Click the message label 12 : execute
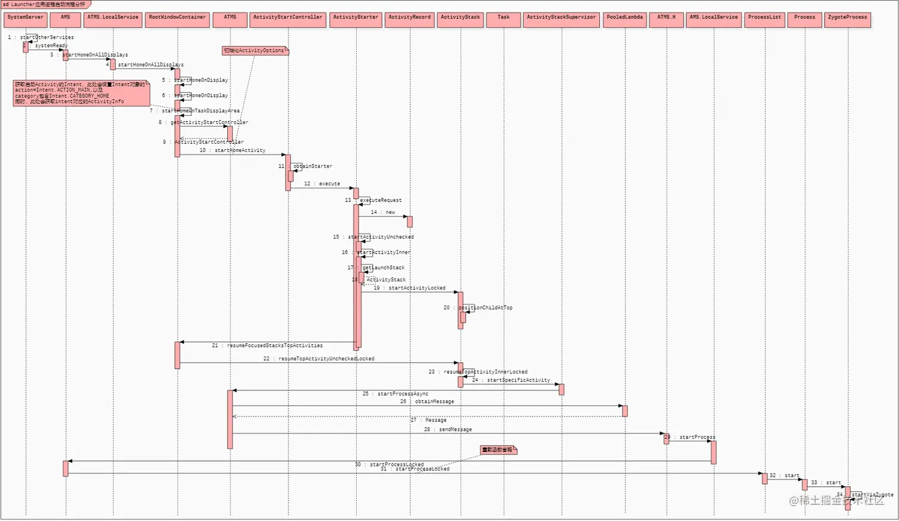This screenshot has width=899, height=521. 322,184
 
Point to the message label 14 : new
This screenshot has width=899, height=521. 383,212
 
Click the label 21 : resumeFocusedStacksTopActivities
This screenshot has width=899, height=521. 268,346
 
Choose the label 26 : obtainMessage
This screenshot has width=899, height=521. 427,402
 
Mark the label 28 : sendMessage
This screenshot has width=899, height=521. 448,430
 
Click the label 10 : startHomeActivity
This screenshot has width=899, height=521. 232,151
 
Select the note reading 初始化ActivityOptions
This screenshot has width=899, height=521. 254,51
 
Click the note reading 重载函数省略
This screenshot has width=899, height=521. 498,450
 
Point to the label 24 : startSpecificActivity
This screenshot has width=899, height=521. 511,380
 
